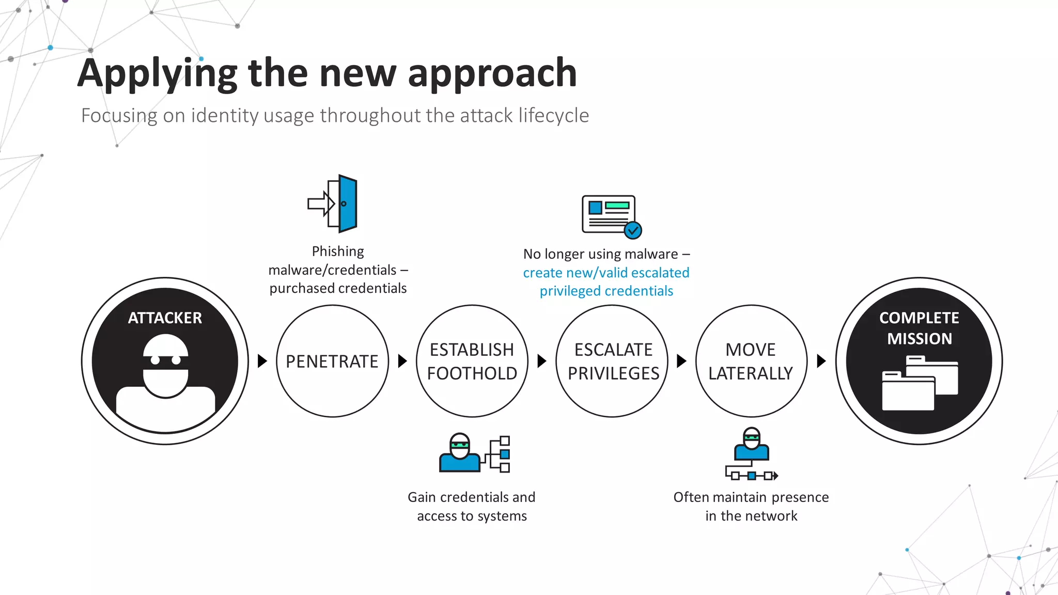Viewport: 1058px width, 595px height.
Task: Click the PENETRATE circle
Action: click(x=332, y=361)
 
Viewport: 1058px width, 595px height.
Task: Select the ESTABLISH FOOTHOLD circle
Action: click(x=472, y=361)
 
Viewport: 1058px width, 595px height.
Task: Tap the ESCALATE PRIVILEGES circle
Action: click(x=613, y=361)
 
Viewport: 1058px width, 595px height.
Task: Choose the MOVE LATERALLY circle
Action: click(x=751, y=361)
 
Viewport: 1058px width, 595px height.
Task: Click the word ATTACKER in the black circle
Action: click(x=165, y=318)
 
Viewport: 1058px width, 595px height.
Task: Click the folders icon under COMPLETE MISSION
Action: click(x=920, y=383)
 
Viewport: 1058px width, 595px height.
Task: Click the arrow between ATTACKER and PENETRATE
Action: click(x=262, y=361)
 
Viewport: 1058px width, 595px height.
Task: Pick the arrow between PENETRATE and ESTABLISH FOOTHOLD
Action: click(x=402, y=361)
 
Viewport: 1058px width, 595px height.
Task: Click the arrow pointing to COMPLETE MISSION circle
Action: click(x=821, y=361)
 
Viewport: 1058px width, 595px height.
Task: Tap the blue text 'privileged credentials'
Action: click(x=606, y=291)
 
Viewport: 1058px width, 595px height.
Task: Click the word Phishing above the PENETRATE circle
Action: click(x=338, y=252)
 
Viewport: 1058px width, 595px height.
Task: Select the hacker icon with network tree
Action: click(x=474, y=453)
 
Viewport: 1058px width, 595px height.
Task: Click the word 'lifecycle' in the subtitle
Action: click(x=553, y=115)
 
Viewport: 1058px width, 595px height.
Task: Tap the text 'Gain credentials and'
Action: click(x=471, y=497)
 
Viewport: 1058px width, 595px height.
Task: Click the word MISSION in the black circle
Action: click(x=919, y=339)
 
